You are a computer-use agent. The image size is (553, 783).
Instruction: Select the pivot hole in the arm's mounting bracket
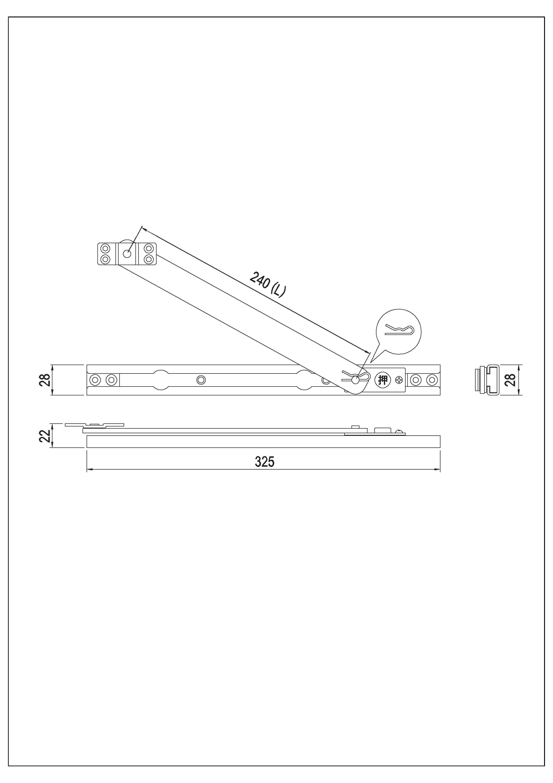point(127,254)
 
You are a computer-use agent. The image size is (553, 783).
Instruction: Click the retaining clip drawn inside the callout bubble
point(399,330)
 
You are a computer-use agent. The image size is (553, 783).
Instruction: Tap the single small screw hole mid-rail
point(201,380)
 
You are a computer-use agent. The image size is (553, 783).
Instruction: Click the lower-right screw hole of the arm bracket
point(148,259)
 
